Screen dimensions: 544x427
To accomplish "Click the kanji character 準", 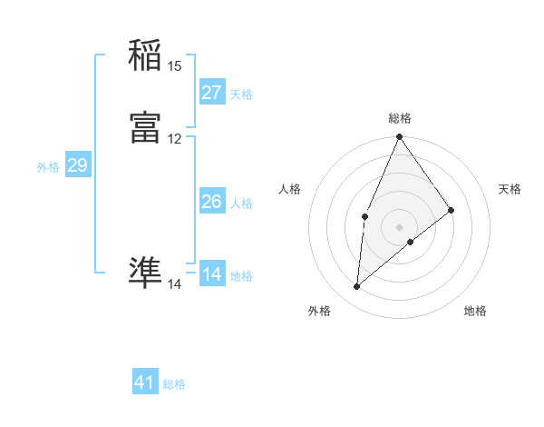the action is click(x=145, y=273).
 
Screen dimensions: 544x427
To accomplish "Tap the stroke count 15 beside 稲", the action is click(x=175, y=65).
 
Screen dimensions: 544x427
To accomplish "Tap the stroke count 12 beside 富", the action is click(x=175, y=139).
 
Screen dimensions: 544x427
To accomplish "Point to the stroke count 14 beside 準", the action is click(x=175, y=284).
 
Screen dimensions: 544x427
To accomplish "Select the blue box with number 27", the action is click(x=211, y=92).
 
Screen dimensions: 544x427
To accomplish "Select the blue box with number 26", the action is click(x=211, y=202).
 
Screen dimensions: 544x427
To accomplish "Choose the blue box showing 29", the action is click(x=77, y=165).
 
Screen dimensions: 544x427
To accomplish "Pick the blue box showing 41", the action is click(x=145, y=382).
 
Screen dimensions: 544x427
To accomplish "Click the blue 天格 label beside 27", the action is click(x=241, y=94).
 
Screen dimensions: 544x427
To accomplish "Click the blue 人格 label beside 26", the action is click(x=241, y=204).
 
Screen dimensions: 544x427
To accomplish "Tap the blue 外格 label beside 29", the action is click(x=48, y=167).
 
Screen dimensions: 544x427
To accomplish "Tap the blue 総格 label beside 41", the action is click(x=174, y=384).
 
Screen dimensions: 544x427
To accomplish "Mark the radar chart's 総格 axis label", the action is click(x=400, y=118).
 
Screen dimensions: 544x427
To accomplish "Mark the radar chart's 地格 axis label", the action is click(x=475, y=311).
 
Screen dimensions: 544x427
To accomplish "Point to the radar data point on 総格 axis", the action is click(x=399, y=137).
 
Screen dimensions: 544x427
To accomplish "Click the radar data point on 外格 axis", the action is click(x=357, y=287).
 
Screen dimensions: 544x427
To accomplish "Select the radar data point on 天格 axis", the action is click(x=452, y=210).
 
